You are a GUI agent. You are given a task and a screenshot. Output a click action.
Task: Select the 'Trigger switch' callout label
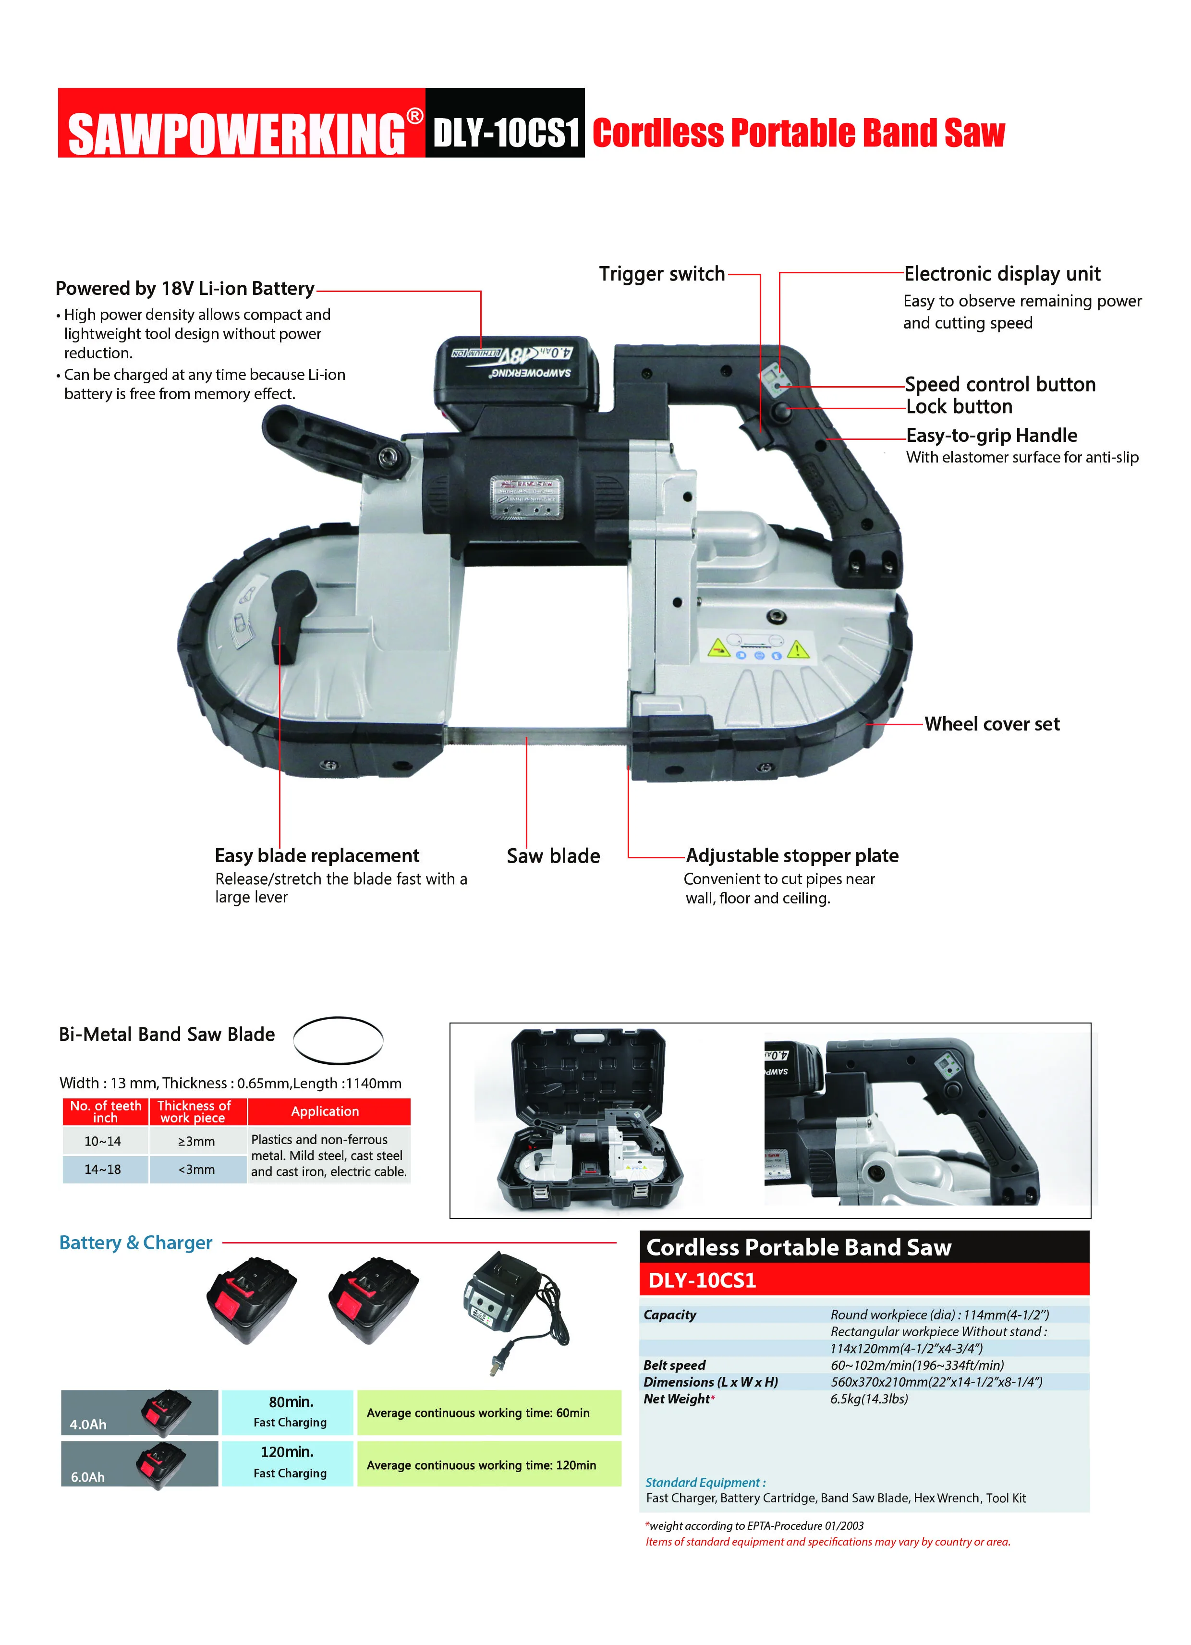(x=661, y=274)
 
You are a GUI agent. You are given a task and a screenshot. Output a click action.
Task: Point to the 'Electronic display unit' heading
(x=1002, y=274)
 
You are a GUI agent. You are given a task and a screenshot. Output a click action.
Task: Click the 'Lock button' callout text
(x=959, y=407)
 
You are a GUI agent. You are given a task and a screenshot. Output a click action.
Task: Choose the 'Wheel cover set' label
(x=992, y=724)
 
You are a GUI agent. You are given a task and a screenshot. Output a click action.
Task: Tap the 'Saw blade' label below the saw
(x=553, y=856)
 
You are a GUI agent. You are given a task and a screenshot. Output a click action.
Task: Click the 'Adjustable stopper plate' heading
(x=792, y=856)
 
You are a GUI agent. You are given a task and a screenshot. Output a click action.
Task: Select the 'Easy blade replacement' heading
(x=317, y=856)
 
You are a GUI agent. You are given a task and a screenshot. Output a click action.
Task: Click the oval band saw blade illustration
(x=338, y=1040)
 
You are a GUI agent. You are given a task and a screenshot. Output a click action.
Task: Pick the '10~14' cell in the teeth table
(x=103, y=1141)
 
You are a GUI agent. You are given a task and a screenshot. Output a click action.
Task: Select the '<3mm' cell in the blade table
(x=196, y=1169)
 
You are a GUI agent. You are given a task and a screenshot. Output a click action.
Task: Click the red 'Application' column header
(x=325, y=1111)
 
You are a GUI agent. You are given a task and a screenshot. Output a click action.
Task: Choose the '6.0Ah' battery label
(x=88, y=1477)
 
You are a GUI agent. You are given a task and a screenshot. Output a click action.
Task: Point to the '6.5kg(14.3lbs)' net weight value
(x=869, y=1399)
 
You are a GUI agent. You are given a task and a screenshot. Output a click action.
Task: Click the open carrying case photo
(x=589, y=1121)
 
